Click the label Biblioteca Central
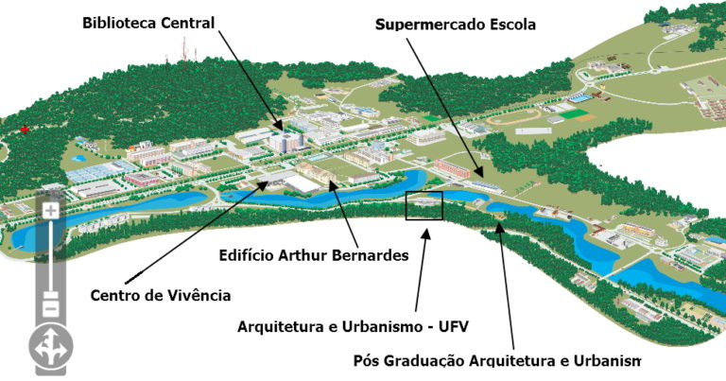click(148, 21)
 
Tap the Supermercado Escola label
click(456, 25)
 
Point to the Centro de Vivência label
click(161, 295)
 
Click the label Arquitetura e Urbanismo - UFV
click(353, 327)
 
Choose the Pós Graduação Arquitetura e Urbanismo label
click(496, 361)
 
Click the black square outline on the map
click(423, 205)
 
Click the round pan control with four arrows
click(49, 347)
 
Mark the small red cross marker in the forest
click(25, 129)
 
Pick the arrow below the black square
click(426, 268)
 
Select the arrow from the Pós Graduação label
click(507, 285)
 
